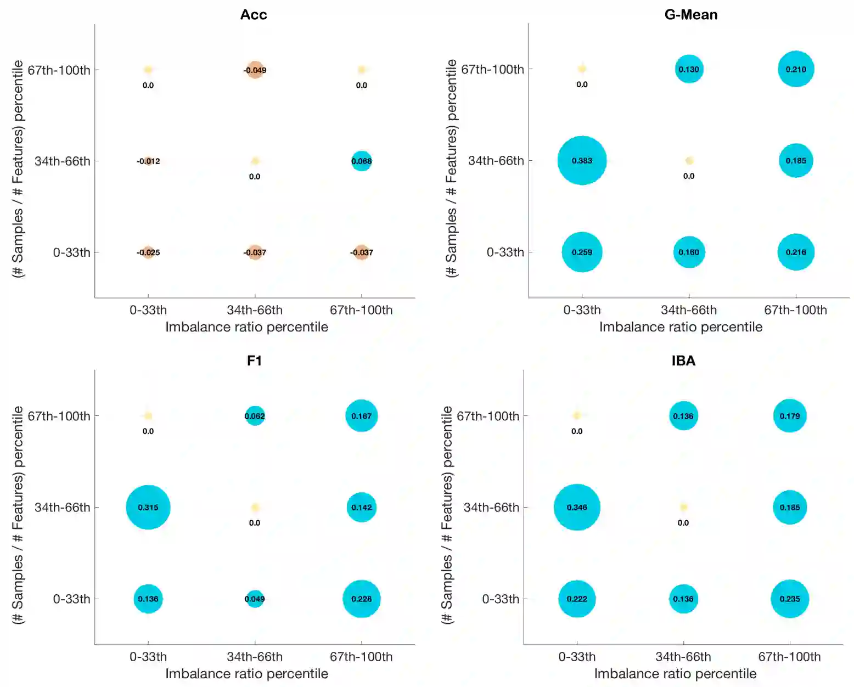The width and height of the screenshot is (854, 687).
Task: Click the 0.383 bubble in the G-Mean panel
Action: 582,160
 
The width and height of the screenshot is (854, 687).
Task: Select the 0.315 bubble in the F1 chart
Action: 148,507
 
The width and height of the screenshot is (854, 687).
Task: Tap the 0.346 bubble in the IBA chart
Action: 577,507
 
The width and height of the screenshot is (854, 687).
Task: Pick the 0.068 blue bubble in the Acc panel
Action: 361,161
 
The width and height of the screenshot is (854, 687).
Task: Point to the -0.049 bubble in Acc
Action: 255,70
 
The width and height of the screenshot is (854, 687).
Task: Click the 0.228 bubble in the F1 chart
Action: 361,599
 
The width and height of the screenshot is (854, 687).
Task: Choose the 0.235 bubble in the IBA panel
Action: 790,599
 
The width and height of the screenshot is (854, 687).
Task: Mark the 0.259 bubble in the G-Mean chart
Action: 582,252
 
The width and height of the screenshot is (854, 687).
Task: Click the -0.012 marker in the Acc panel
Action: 148,161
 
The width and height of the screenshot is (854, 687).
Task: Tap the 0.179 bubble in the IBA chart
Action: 790,416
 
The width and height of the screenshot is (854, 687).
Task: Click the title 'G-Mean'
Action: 690,15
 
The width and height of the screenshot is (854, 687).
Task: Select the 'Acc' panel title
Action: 254,15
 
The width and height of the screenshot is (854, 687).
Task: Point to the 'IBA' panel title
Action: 683,361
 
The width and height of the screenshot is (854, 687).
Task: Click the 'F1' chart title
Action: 254,361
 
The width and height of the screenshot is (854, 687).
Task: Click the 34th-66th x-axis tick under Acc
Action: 255,310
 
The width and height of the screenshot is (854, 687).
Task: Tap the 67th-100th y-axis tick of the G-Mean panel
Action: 492,69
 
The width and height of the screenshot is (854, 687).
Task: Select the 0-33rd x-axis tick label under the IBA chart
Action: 577,657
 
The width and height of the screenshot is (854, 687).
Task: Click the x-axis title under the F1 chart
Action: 246,673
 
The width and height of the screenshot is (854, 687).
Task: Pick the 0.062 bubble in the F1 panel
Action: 255,416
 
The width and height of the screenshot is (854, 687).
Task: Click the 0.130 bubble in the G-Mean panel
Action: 689,69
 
